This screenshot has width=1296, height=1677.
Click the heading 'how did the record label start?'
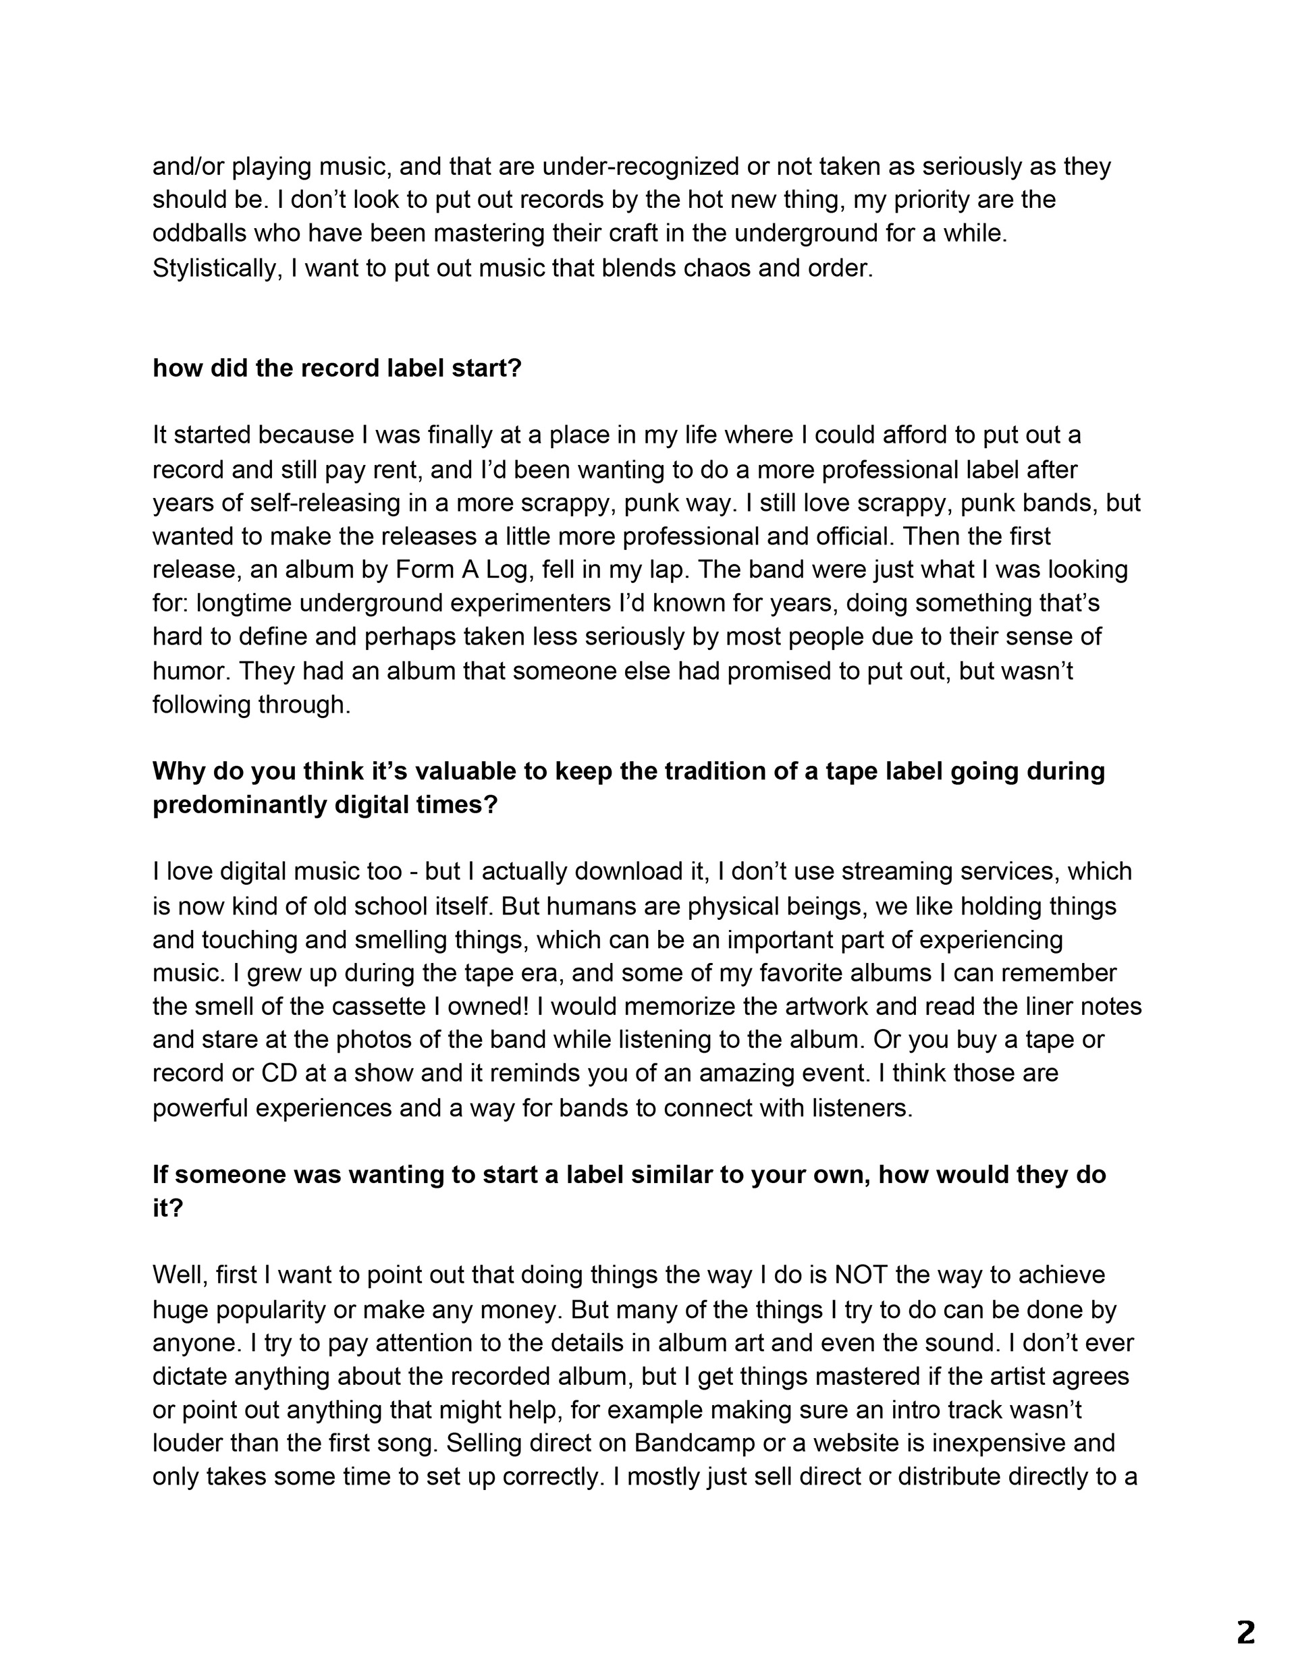click(337, 368)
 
